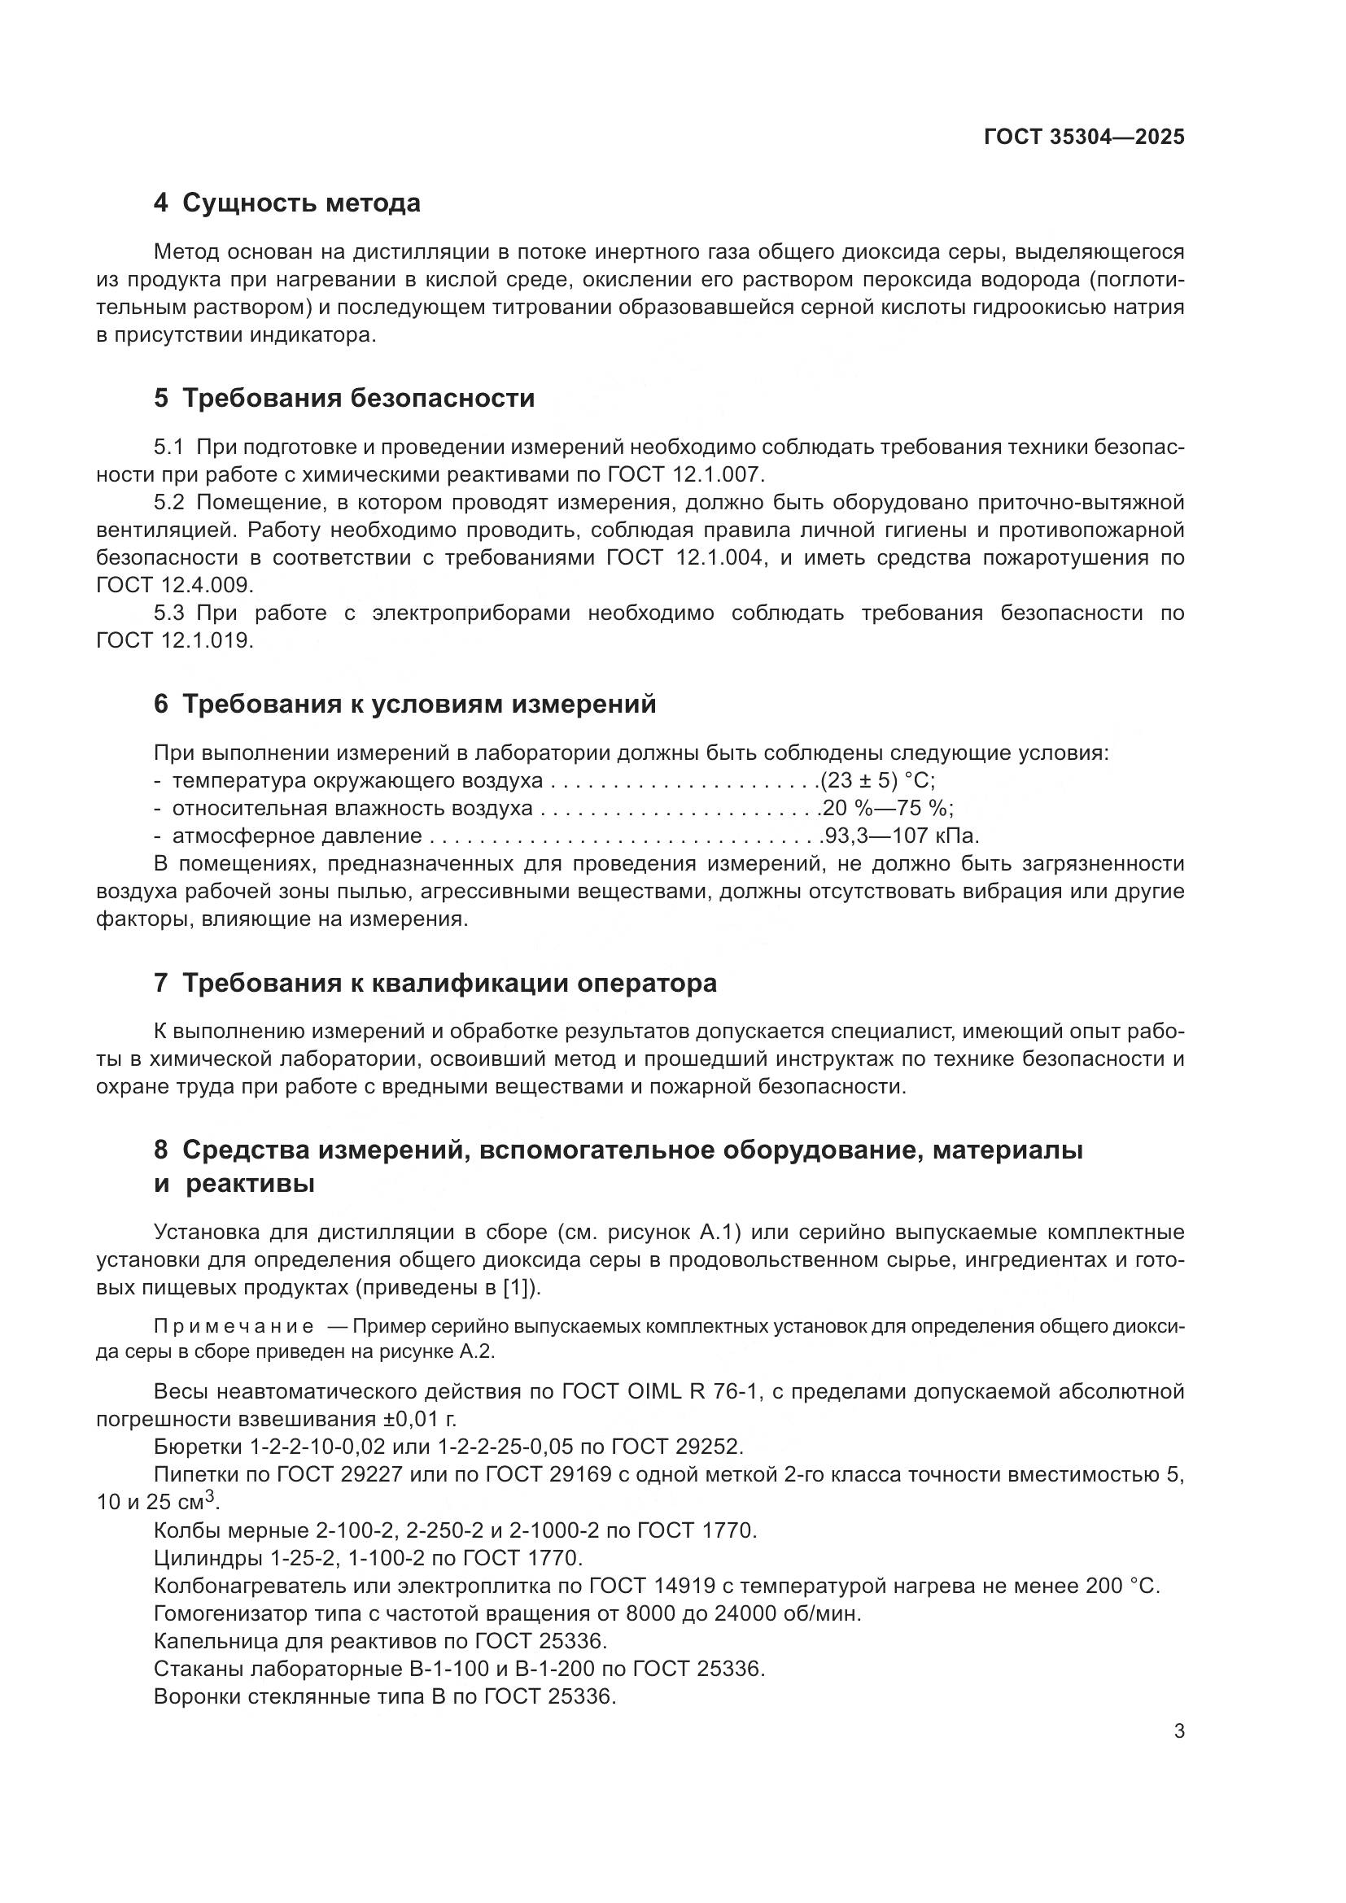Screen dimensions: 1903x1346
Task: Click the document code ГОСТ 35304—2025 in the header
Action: (1084, 137)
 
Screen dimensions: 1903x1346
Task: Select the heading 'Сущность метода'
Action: (301, 203)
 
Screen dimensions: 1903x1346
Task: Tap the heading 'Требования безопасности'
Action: (358, 399)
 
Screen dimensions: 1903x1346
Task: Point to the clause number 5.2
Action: (168, 503)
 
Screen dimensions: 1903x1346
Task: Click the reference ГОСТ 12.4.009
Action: (173, 585)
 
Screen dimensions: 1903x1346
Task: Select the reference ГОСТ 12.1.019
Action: (173, 640)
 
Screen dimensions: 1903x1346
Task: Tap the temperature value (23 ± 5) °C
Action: (878, 781)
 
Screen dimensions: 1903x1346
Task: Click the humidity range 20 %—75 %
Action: (888, 808)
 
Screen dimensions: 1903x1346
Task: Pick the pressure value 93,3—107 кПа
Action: (901, 836)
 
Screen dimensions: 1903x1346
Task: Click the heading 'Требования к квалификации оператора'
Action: (449, 983)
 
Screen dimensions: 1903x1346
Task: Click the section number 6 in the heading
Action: (161, 705)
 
